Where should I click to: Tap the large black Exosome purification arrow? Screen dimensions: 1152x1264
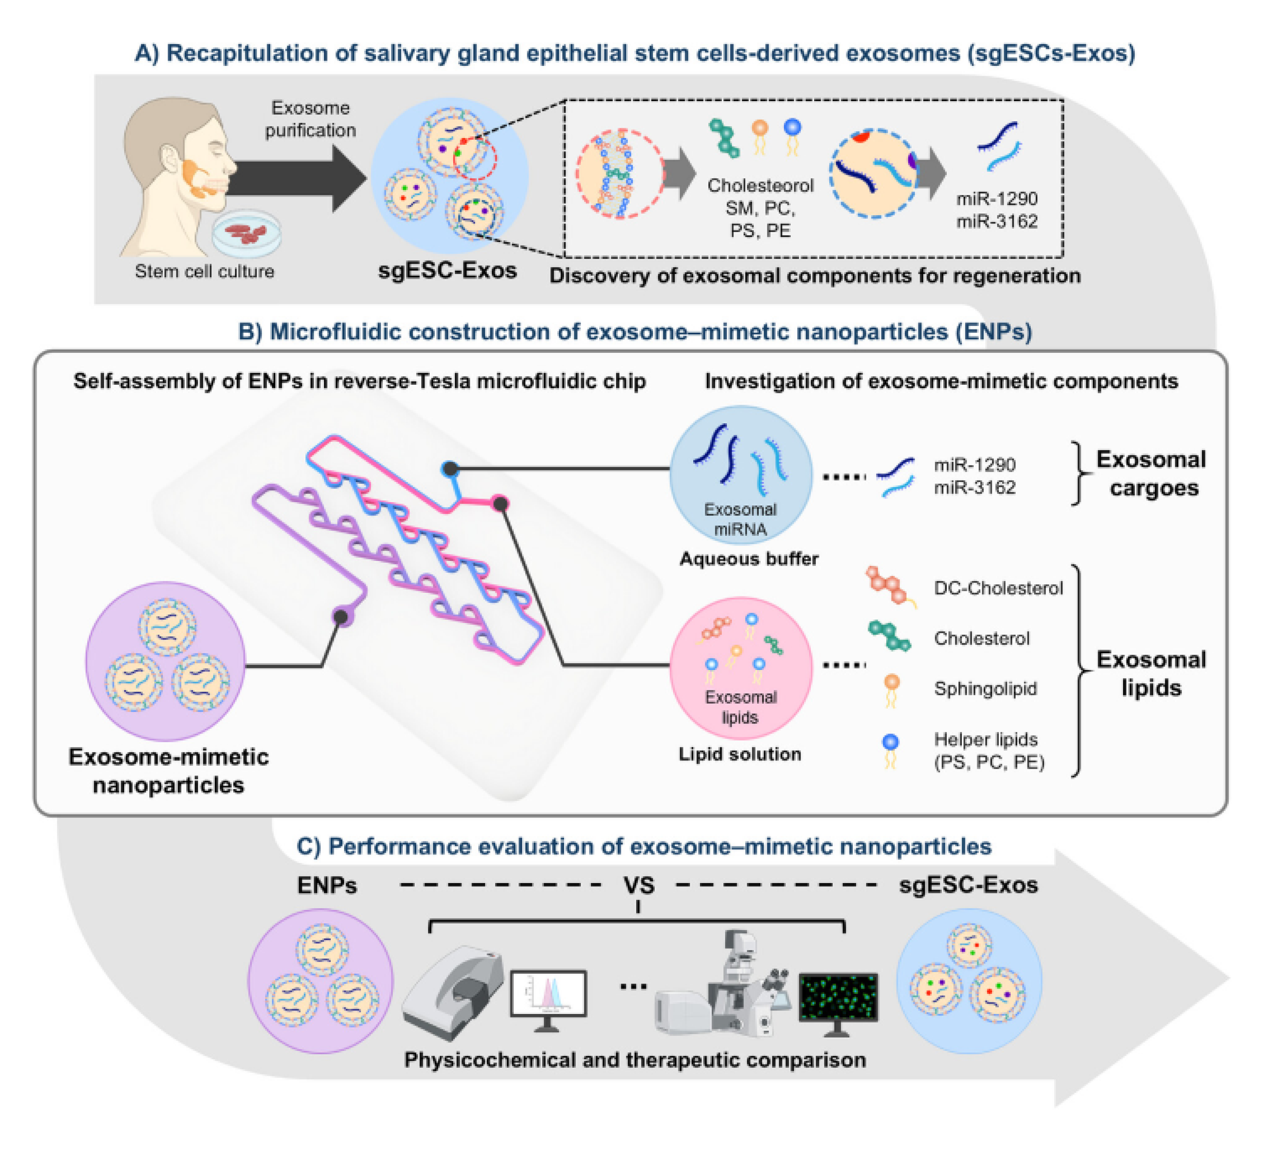tap(295, 179)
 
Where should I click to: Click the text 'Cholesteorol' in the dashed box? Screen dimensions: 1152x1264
tap(760, 185)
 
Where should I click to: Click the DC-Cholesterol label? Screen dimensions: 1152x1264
tap(998, 588)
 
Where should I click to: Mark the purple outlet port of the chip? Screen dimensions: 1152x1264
tap(341, 617)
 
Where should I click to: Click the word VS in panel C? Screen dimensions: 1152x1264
tap(639, 885)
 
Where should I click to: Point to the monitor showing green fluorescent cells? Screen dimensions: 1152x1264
tap(838, 998)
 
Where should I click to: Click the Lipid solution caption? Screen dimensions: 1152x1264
tap(740, 753)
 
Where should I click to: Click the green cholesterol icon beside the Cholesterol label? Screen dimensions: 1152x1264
tap(889, 637)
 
